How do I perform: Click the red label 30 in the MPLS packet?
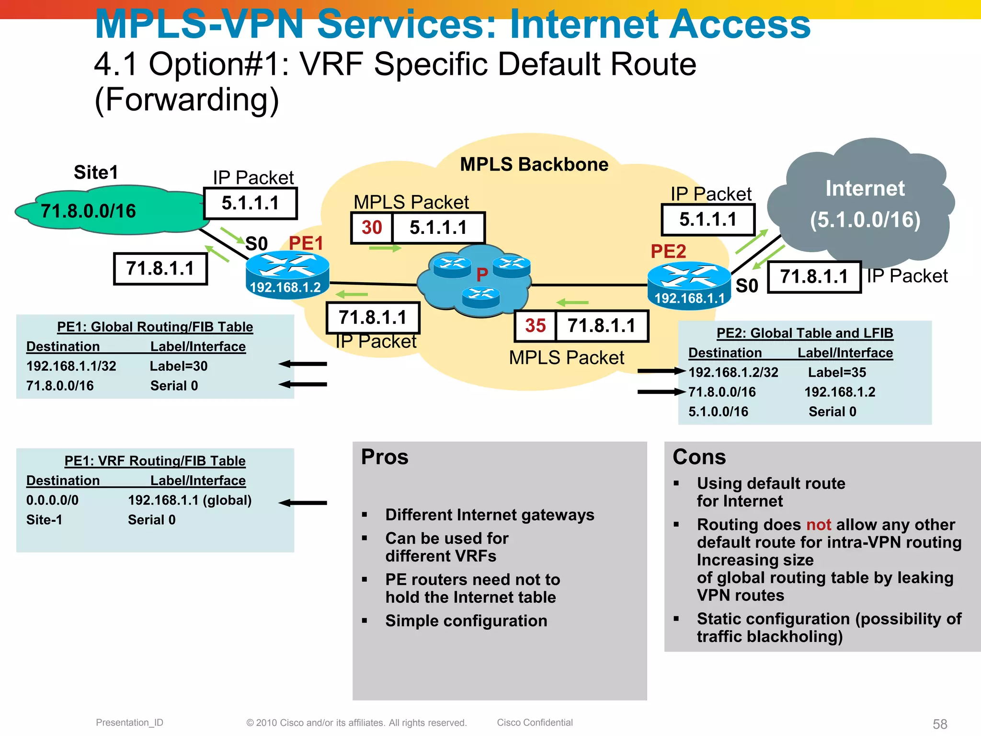click(372, 228)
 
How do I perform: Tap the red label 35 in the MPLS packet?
click(535, 326)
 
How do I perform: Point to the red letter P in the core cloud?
click(482, 275)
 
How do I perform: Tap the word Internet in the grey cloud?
click(865, 188)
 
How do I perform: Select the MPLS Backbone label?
click(534, 164)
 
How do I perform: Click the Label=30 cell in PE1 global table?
click(179, 366)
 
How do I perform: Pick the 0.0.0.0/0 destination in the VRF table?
click(52, 500)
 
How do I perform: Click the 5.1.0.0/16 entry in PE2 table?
click(718, 412)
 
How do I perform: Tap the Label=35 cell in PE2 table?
click(837, 372)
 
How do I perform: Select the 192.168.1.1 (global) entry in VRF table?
click(190, 500)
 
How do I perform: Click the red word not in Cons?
click(819, 525)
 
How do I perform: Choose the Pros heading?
click(385, 457)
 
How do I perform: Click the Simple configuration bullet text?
click(466, 621)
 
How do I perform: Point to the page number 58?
click(940, 724)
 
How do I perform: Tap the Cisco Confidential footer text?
click(535, 723)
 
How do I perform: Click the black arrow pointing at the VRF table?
click(303, 503)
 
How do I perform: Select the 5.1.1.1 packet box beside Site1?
click(251, 204)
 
